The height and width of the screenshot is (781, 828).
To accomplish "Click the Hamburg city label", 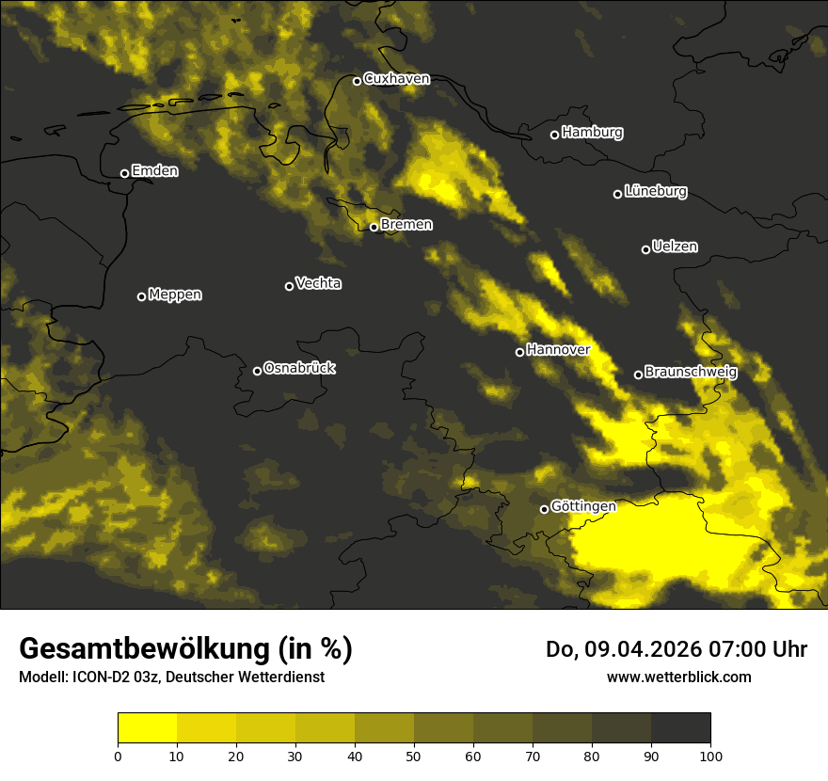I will [x=592, y=133].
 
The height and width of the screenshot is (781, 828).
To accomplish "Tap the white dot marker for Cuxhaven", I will [x=357, y=81].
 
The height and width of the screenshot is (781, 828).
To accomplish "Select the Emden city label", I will [x=154, y=171].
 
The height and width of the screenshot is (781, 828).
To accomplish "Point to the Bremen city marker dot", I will [x=374, y=227].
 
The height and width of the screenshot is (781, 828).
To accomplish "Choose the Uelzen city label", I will [x=675, y=247].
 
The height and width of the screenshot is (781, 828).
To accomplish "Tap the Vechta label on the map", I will [x=318, y=283].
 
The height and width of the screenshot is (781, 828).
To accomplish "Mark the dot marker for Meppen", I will [x=141, y=296].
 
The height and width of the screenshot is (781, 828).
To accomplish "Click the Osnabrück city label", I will [x=299, y=368].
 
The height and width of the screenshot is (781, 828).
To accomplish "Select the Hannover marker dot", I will [x=519, y=352].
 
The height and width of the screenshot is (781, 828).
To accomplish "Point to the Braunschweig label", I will [x=691, y=372].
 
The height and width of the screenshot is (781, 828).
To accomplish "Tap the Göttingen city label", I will [x=583, y=506].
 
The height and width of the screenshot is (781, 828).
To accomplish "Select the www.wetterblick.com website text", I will [x=678, y=677].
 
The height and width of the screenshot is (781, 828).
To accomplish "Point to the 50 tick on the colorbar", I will [x=414, y=755].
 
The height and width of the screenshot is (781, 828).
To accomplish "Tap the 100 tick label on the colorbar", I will [x=710, y=755].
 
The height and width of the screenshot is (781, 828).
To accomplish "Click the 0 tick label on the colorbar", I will [x=118, y=755].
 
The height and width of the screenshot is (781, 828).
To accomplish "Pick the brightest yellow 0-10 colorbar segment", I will [x=147, y=728].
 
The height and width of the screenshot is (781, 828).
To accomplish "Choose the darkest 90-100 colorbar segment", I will [x=680, y=728].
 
